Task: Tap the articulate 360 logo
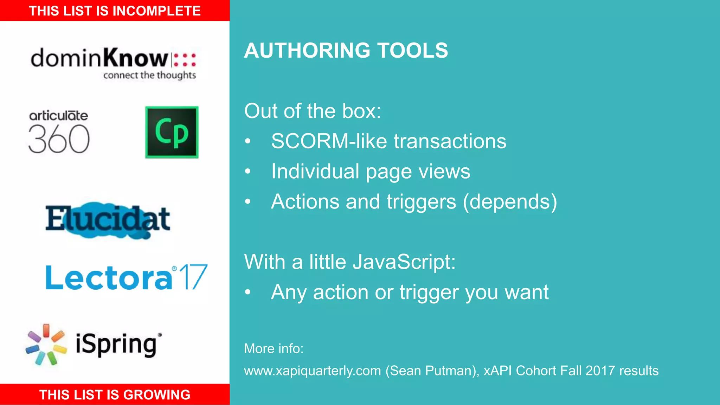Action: coord(59,132)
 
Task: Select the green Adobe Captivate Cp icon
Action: coord(172,132)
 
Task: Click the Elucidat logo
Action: coord(108,219)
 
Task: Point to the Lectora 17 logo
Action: coord(127,278)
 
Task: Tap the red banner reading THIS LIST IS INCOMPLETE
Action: coord(115,11)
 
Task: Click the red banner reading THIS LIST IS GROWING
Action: coord(115,394)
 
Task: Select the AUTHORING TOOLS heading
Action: coord(346,50)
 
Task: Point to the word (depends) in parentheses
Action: coord(510,202)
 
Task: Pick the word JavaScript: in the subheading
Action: coord(404,262)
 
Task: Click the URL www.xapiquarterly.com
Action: coord(312,371)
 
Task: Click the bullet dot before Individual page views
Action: coord(248,172)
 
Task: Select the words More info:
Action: coord(274,349)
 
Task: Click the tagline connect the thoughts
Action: coord(149,75)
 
